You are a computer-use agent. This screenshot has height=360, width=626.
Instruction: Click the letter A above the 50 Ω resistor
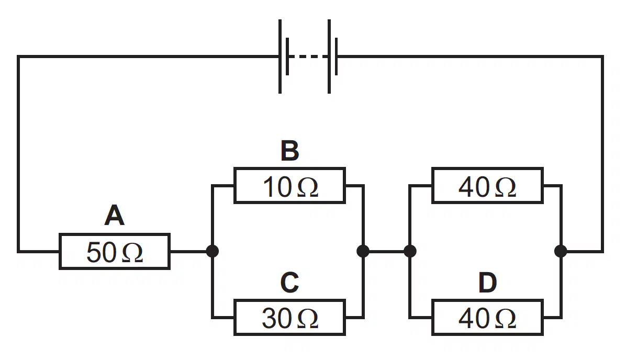[115, 216]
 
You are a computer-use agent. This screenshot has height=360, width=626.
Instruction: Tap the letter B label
[290, 151]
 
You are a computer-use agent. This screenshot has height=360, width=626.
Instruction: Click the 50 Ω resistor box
[115, 252]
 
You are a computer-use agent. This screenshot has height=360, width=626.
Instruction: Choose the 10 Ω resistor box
[290, 186]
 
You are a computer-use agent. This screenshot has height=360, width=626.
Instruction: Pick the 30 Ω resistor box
[290, 317]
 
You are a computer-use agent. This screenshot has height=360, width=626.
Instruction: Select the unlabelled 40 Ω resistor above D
[487, 186]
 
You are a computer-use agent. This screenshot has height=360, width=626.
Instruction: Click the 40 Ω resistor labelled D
[487, 317]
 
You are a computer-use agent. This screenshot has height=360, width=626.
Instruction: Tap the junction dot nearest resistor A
[213, 251]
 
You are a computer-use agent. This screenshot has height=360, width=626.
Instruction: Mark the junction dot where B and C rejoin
[363, 251]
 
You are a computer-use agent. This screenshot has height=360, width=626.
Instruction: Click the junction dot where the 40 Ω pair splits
[410, 251]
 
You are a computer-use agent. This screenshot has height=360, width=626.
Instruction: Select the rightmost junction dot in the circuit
[561, 251]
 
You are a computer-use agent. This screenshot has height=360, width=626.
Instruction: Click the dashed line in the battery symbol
[308, 57]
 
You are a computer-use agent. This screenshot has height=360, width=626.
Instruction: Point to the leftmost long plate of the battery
[280, 57]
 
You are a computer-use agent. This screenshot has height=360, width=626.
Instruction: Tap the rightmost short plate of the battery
[337, 57]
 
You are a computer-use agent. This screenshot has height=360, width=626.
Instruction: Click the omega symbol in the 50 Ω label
[132, 253]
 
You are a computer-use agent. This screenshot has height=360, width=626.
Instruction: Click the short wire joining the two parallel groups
[386, 252]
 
